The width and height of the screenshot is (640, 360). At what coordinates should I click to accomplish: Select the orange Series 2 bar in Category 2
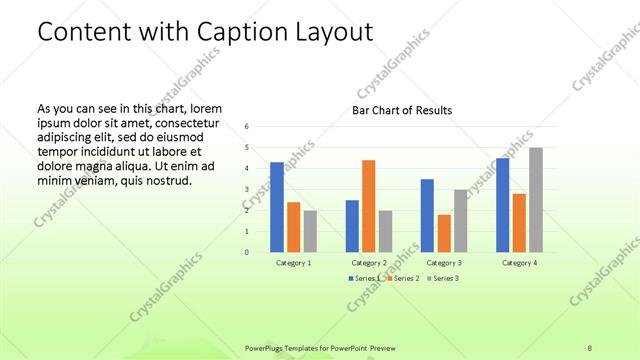coord(368,206)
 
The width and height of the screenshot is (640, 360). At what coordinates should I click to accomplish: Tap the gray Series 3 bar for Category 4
coord(536,200)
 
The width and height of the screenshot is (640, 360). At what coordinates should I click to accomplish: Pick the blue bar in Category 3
coord(427,215)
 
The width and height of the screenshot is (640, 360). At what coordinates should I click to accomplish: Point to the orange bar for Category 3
coord(444,233)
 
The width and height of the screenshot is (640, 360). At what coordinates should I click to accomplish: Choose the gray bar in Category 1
coord(310,231)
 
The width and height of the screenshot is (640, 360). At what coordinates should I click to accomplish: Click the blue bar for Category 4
coord(502,205)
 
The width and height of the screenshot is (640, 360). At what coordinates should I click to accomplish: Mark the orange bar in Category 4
coord(519,222)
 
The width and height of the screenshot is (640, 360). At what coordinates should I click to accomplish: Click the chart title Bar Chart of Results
coord(401,110)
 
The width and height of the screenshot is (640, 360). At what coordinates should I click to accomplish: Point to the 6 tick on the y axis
coord(246,127)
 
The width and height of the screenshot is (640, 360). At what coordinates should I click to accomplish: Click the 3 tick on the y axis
coord(246,190)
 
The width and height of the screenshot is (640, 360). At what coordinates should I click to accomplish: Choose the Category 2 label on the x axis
coord(369,263)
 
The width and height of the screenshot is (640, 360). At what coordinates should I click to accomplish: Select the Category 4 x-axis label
coord(519,263)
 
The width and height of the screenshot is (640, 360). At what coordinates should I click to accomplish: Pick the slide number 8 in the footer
coord(590,346)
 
